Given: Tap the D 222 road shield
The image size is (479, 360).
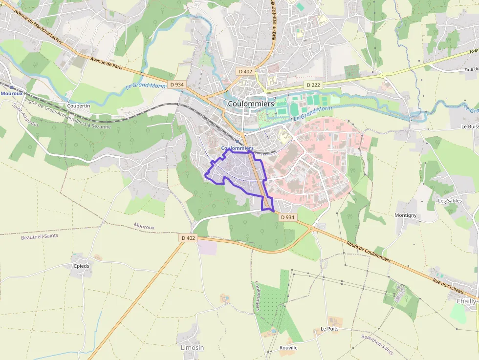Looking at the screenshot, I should (313, 85).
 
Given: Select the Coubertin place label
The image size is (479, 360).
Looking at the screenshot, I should (79, 106).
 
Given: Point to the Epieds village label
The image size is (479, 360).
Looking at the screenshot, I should (82, 266).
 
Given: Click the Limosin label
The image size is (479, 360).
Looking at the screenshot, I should (192, 348).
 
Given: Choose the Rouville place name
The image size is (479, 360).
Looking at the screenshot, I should (288, 348).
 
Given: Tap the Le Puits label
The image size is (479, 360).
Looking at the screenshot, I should (329, 329).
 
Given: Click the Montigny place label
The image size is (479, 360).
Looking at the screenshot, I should (405, 215).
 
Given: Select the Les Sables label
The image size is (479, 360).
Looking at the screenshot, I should (450, 201).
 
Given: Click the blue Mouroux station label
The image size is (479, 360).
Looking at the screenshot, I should (12, 93).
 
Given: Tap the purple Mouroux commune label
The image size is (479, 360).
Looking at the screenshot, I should (144, 227).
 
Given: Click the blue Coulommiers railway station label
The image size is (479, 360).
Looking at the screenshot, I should (237, 148).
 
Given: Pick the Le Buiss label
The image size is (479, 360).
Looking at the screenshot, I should (469, 127).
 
